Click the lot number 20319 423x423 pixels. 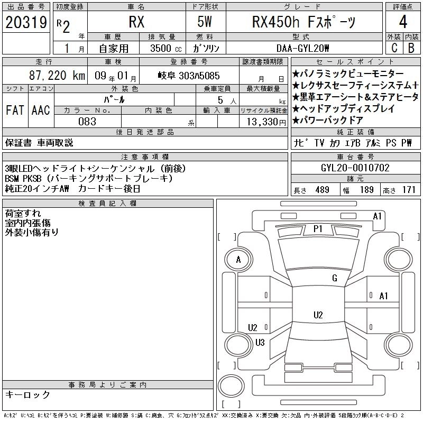26,22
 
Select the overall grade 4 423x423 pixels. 403,22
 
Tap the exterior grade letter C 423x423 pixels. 394,48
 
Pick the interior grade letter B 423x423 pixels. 411,48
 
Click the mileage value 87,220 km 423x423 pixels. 57,76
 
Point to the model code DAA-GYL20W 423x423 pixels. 302,48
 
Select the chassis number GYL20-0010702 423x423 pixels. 355,168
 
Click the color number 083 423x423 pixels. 87,122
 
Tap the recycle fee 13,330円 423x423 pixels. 266,122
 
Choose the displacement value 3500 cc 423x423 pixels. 166,48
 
